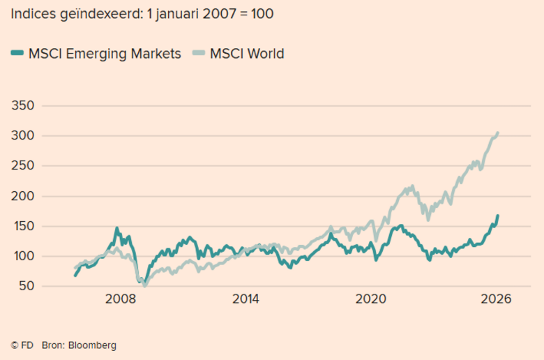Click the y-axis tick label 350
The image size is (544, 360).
point(23,106)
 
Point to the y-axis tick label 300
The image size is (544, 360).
point(23,136)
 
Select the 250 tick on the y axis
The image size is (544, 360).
point(23,166)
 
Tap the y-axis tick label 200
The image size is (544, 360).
point(23,196)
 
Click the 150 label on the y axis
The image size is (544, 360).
point(23,226)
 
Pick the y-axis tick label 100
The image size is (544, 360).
point(23,256)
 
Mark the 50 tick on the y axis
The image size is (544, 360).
point(27,286)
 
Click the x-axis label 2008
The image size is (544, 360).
point(120,299)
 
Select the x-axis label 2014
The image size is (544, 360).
point(245,299)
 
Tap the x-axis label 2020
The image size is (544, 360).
point(371,299)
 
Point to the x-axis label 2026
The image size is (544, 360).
point(496,299)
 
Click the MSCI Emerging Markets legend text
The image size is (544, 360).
point(105,54)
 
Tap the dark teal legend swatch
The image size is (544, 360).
point(18,54)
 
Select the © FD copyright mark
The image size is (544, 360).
point(21,345)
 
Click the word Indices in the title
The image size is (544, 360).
point(33,13)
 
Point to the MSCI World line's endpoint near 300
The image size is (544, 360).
point(497,133)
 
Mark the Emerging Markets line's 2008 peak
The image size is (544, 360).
point(116,228)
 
